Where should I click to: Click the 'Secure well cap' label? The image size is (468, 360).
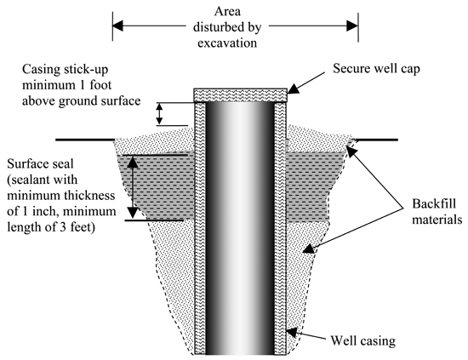pyautogui.click(x=376, y=69)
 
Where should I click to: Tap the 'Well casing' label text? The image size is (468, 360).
pyautogui.click(x=363, y=340)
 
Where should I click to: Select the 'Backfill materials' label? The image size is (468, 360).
pyautogui.click(x=437, y=212)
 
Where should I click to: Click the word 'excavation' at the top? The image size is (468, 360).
pyautogui.click(x=227, y=43)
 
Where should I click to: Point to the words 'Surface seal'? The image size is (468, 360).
pyautogui.click(x=40, y=164)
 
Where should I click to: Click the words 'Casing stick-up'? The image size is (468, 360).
pyautogui.click(x=65, y=69)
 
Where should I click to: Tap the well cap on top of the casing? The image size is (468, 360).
pyautogui.click(x=241, y=95)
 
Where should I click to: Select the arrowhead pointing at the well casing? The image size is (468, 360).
pyautogui.click(x=292, y=333)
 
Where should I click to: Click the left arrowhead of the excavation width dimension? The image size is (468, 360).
pyautogui.click(x=117, y=26)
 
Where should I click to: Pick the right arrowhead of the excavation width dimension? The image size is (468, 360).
pyautogui.click(x=352, y=26)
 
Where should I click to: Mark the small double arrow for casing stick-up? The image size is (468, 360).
pyautogui.click(x=160, y=114)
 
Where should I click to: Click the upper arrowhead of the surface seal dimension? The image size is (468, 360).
pyautogui.click(x=133, y=162)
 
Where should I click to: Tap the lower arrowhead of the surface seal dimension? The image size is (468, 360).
pyautogui.click(x=133, y=213)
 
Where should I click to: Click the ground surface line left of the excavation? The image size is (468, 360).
pyautogui.click(x=85, y=140)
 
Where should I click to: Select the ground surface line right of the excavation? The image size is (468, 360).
pyautogui.click(x=375, y=140)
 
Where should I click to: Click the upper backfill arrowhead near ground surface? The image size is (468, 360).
pyautogui.click(x=351, y=152)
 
